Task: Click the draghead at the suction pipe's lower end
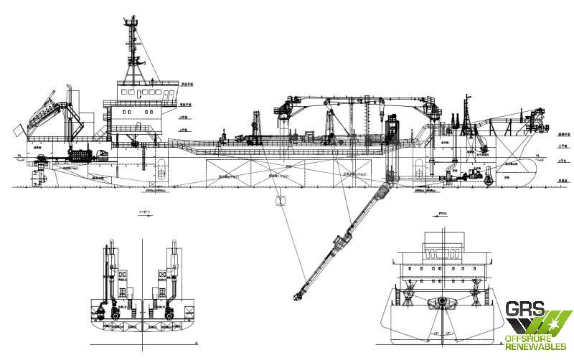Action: click(296, 293)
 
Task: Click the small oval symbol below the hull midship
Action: click(278, 200)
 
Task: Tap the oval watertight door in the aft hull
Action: click(164, 173)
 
